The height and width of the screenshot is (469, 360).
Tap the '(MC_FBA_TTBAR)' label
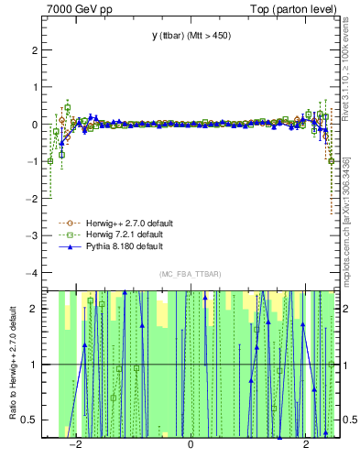[x=191, y=275]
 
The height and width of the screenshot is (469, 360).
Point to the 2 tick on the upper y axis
[x=36, y=50]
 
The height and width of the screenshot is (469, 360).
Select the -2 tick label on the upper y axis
[x=33, y=199]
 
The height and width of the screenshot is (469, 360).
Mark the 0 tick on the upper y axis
[x=36, y=125]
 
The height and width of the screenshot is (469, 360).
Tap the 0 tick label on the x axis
[x=191, y=445]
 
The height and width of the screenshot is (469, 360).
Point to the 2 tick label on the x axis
[x=306, y=445]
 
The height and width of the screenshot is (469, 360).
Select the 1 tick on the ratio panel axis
[x=36, y=365]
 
